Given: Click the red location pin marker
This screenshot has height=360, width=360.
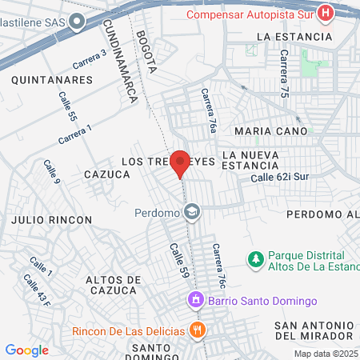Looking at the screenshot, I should click(181, 163).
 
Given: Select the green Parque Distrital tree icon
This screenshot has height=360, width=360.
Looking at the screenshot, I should click(255, 258).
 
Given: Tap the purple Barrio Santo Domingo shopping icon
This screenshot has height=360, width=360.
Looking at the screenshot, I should click(194, 301).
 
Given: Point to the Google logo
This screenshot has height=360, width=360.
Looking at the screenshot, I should click(26, 350).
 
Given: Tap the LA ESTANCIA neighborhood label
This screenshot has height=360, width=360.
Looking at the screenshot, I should click(294, 37).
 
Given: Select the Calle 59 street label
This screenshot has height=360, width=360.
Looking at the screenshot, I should click(178, 262).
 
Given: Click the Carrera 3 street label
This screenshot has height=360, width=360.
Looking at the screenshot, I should click(89, 58).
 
